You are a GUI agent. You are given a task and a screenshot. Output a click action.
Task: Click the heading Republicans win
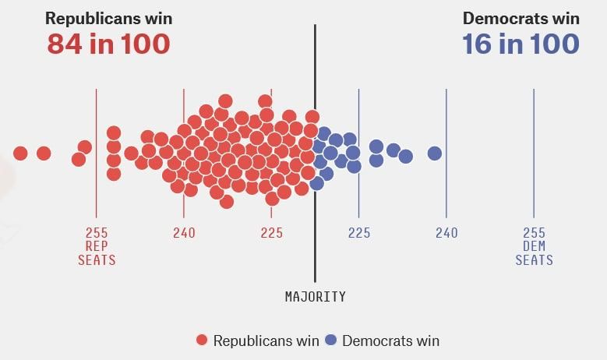[108, 18]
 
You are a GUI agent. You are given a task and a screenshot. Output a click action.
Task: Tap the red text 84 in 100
[108, 44]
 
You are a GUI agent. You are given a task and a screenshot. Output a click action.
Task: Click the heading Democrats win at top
[521, 18]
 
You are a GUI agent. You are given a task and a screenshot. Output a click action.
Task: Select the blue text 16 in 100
[521, 44]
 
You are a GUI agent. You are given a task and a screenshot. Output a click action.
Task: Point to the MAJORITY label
[315, 297]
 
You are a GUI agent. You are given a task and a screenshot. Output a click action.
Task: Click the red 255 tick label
[97, 233]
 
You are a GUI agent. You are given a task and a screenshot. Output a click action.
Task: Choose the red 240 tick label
[184, 233]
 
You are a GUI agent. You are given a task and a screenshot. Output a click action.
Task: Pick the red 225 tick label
[272, 233]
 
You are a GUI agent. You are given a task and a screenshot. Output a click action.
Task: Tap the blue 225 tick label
[359, 233]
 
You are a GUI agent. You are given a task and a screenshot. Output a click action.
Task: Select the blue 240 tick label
[446, 233]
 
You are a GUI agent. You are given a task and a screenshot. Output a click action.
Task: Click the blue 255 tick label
[534, 233]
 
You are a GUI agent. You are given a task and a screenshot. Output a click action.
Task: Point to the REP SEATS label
[97, 253]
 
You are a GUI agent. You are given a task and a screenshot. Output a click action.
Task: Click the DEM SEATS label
[534, 253]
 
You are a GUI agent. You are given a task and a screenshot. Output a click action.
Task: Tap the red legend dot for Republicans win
[203, 341]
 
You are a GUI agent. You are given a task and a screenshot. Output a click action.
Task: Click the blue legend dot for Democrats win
[331, 341]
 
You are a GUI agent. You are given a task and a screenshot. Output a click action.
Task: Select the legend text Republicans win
[266, 341]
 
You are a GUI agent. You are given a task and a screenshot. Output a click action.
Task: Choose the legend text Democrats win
[390, 341]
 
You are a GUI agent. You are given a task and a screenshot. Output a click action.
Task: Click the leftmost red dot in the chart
[20, 154]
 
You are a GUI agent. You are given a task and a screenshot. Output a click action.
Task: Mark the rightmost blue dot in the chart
[435, 154]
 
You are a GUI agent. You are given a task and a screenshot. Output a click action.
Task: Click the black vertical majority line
[315, 78]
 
